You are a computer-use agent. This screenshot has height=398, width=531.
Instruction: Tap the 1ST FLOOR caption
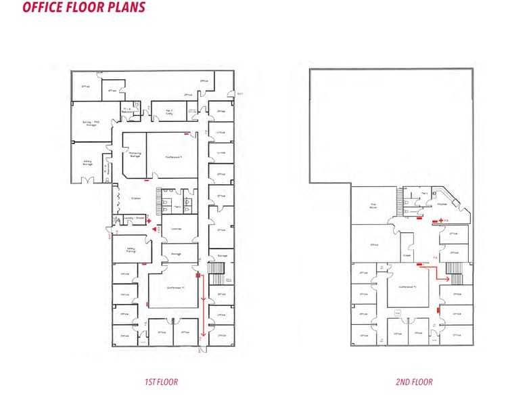point(161,382)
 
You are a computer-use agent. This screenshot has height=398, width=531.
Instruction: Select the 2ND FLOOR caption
point(415,382)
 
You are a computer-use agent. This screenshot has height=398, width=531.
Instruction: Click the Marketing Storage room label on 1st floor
point(135,154)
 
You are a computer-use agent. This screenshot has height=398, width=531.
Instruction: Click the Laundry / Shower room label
point(134,218)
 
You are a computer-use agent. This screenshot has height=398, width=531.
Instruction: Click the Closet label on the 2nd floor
point(407,255)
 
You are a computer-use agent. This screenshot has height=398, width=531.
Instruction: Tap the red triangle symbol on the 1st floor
point(155,230)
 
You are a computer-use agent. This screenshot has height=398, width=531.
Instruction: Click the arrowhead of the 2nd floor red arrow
point(448,278)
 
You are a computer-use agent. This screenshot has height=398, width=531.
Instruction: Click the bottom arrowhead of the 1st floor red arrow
point(203,334)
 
